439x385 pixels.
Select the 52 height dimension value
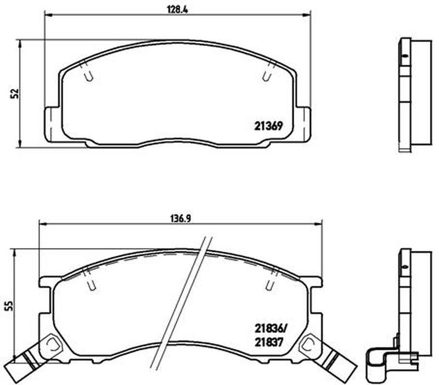(16, 93)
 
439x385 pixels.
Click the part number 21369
(268, 125)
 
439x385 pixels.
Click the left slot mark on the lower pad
(92, 284)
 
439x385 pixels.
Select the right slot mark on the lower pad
(269, 284)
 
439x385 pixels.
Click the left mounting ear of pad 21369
(52, 124)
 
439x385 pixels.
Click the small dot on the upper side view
(405, 56)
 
